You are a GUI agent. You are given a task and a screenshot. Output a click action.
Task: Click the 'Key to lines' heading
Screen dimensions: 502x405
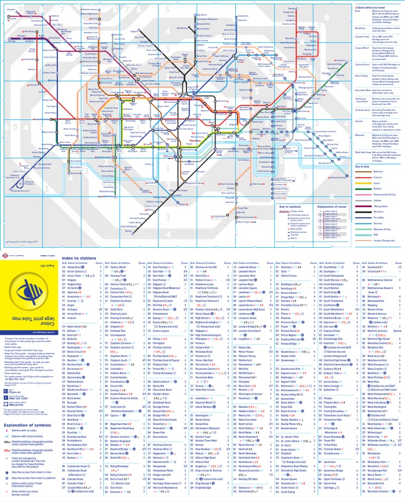363,167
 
